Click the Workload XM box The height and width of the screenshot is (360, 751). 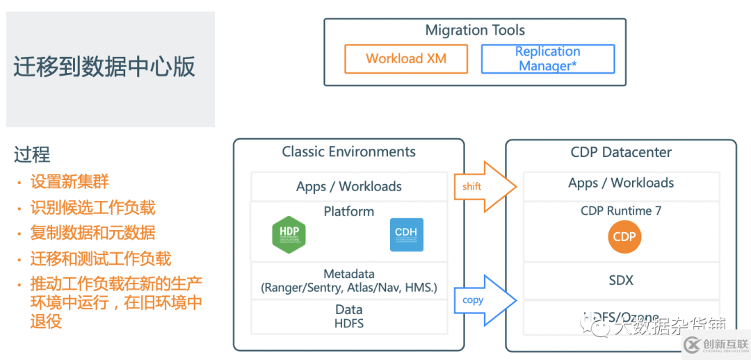pyautogui.click(x=406, y=59)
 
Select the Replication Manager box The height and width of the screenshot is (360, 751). pyautogui.click(x=548, y=59)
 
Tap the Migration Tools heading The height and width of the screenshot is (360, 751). pyautogui.click(x=475, y=31)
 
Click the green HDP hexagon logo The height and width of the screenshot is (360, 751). pyautogui.click(x=289, y=235)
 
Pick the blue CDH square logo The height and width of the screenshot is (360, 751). pyautogui.click(x=407, y=235)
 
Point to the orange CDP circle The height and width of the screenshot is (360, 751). pyautogui.click(x=624, y=237)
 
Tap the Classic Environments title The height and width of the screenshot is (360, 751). pyautogui.click(x=349, y=152)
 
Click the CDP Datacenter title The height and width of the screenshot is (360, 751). pyautogui.click(x=621, y=152)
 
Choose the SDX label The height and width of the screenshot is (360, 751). pyautogui.click(x=621, y=280)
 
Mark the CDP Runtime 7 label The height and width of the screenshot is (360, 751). pyautogui.click(x=621, y=211)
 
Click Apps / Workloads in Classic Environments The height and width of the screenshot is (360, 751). pyautogui.click(x=349, y=186)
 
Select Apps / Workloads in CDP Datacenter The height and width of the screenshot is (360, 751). pyautogui.click(x=621, y=183)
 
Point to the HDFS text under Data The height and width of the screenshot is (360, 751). pyautogui.click(x=349, y=323)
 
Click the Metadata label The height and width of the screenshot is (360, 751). pyautogui.click(x=349, y=275)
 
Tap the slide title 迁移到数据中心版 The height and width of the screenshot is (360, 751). pyautogui.click(x=104, y=67)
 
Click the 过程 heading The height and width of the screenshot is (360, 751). pyautogui.click(x=32, y=154)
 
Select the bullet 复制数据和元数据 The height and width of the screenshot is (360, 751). pyautogui.click(x=92, y=233)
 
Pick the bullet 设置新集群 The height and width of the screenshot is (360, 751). pyautogui.click(x=70, y=182)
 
